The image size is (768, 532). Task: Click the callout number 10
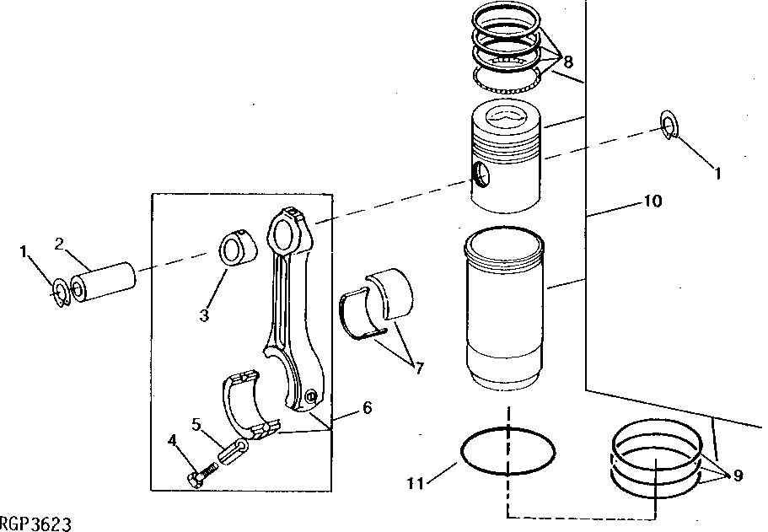click(x=653, y=202)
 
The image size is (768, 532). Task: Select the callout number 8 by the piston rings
click(x=569, y=62)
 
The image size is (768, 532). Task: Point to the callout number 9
click(x=737, y=476)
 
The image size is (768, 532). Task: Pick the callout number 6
click(x=367, y=406)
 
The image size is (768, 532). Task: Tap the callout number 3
click(x=204, y=315)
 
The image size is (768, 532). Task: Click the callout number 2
click(x=59, y=244)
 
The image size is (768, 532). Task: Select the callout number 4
click(x=172, y=439)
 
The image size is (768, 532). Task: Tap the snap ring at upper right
click(x=668, y=123)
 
